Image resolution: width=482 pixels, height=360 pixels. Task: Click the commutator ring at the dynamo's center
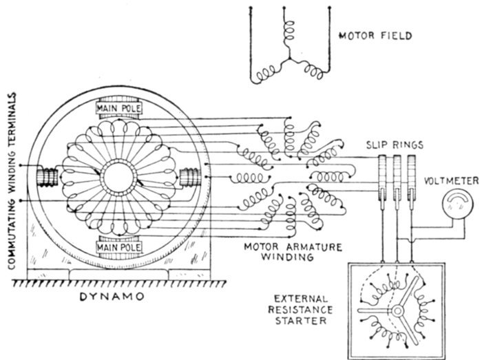(118, 178)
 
